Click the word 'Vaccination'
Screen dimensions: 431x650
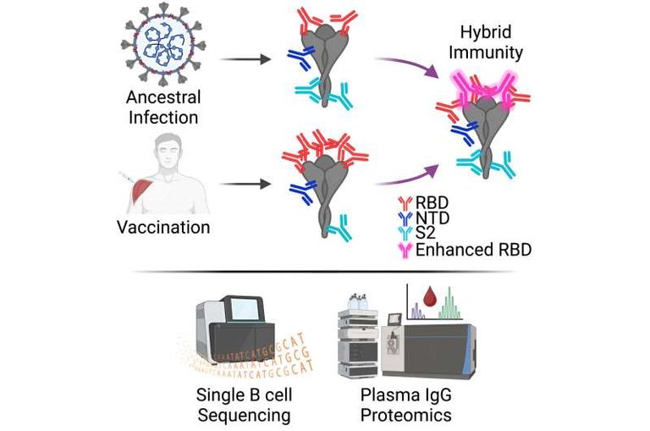[164, 227]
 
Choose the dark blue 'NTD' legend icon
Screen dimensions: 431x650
[404, 218]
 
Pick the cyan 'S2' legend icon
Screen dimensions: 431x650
[404, 234]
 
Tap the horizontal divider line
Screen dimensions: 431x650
[326, 273]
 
